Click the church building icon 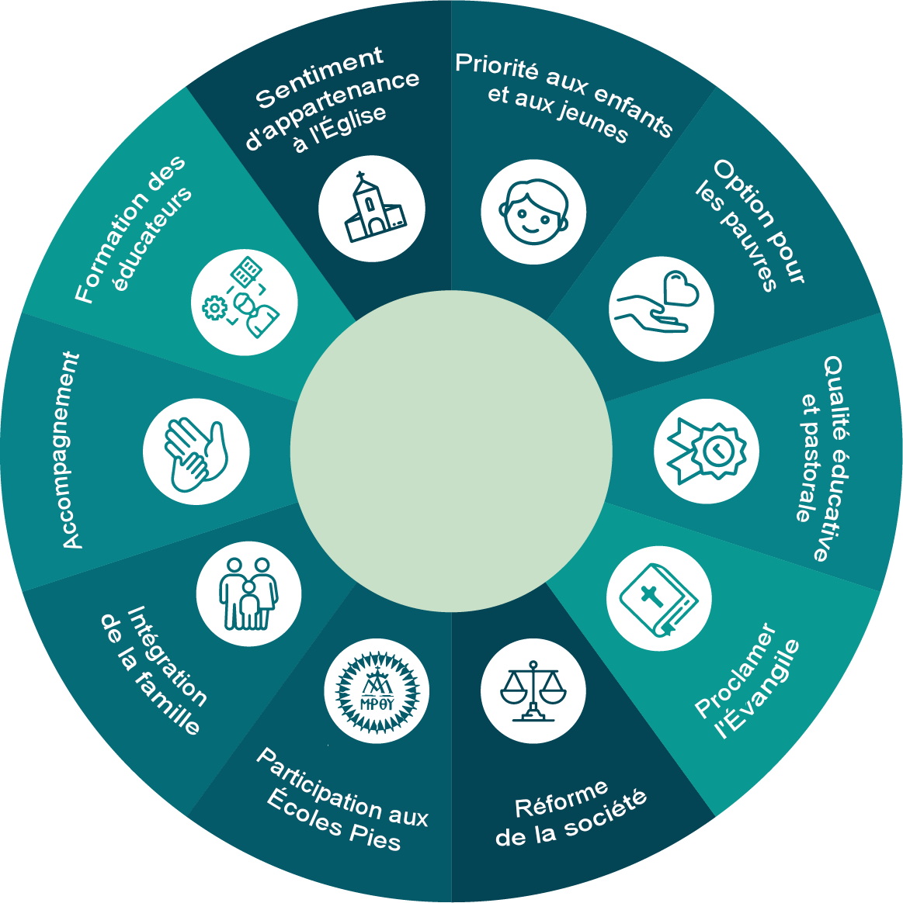click(x=373, y=207)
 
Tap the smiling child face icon click(x=533, y=212)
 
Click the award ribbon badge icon click(x=707, y=451)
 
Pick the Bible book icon click(x=658, y=599)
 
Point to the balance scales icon click(x=533, y=691)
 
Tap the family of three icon click(x=249, y=593)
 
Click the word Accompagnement click(x=71, y=451)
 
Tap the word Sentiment click(x=318, y=77)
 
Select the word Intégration click(x=166, y=656)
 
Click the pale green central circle click(x=451, y=451)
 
